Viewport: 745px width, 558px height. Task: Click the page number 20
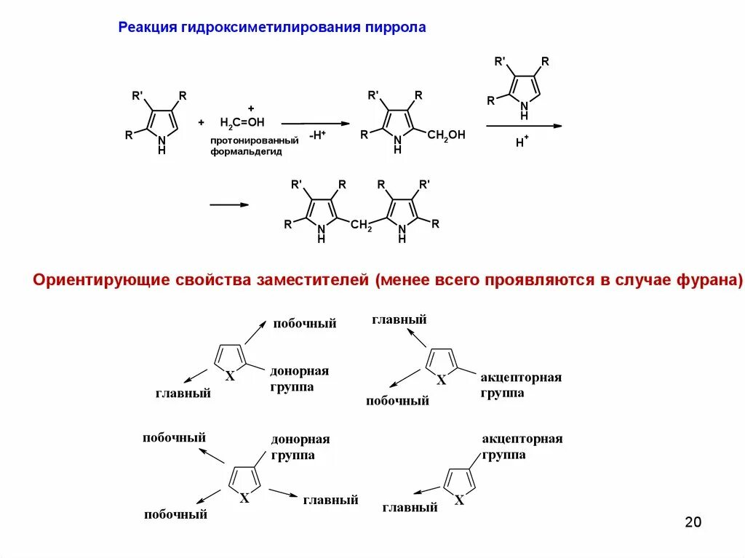coord(693,522)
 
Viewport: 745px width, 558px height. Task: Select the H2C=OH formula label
coord(242,121)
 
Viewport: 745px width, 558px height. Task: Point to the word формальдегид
coord(246,151)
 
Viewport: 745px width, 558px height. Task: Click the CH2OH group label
coord(446,135)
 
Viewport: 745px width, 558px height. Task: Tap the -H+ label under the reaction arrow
coord(316,135)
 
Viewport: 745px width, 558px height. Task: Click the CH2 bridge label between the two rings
coord(361,225)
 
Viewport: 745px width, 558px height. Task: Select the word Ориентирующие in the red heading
coord(101,280)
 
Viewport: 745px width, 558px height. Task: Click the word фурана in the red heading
coord(706,280)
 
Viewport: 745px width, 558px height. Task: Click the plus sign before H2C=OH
coord(202,121)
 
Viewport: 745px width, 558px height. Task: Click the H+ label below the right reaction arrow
coord(522,142)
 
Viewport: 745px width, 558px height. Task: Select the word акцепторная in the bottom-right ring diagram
coord(522,439)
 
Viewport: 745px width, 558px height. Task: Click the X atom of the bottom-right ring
coord(458,499)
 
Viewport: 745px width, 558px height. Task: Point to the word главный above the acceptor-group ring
coord(399,319)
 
